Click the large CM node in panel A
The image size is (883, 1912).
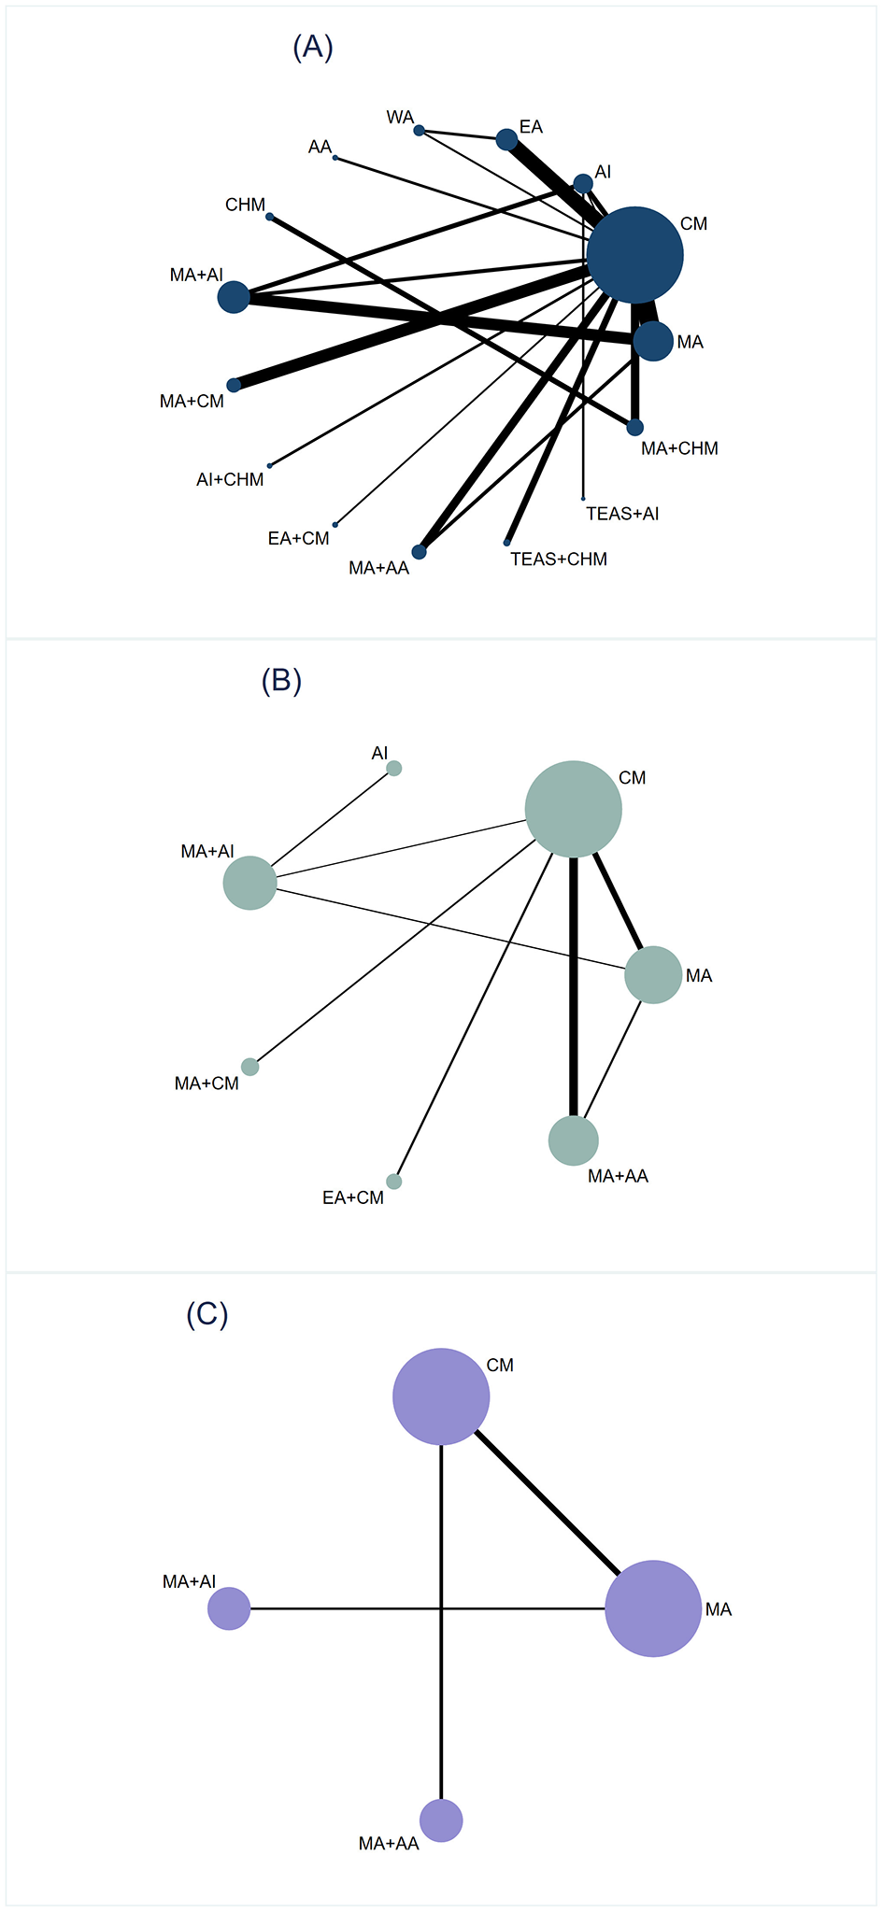pos(635,255)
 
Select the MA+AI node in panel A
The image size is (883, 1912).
pos(234,297)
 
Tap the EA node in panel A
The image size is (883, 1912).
pos(506,139)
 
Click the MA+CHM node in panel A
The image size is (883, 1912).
pos(634,427)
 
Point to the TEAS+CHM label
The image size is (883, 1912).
pos(558,559)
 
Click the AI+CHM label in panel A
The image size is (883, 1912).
pos(230,479)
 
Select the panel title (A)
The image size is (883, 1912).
pos(313,47)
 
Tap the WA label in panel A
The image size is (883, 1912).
pos(400,118)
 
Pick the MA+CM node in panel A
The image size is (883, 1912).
pos(234,385)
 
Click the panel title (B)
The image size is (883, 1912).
pos(281,681)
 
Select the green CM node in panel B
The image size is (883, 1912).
pos(574,809)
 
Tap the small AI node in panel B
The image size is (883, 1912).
pos(394,768)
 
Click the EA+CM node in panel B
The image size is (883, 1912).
pos(394,1182)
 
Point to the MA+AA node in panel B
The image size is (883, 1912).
pos(573,1140)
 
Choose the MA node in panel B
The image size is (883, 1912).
pos(653,975)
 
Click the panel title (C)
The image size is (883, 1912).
pos(207,1314)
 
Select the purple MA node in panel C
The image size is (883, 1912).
pos(653,1608)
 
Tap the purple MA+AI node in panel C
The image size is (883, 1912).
pos(229,1608)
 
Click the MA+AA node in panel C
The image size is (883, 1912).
pos(441,1820)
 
